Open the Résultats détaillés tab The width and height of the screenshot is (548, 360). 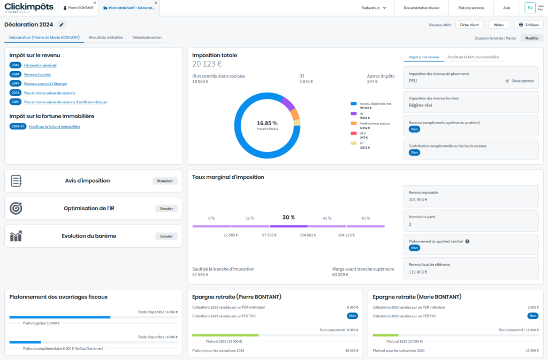[x=105, y=37]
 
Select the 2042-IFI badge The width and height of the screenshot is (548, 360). [x=18, y=127]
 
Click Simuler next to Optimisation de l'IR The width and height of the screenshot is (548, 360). [x=166, y=208]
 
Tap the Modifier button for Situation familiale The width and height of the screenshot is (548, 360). [x=532, y=38]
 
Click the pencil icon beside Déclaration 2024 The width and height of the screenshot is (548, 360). [x=61, y=25]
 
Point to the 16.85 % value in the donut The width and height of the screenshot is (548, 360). [x=267, y=122]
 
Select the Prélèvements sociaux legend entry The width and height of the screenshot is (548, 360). [x=374, y=124]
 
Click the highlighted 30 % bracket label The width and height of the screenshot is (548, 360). [x=288, y=218]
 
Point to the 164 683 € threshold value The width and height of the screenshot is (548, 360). [x=310, y=235]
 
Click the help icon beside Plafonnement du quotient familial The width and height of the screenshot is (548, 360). [x=467, y=241]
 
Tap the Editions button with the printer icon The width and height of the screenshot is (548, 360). [x=529, y=25]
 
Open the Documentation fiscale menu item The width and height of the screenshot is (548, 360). [x=421, y=8]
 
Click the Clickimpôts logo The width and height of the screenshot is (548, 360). [x=29, y=7]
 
